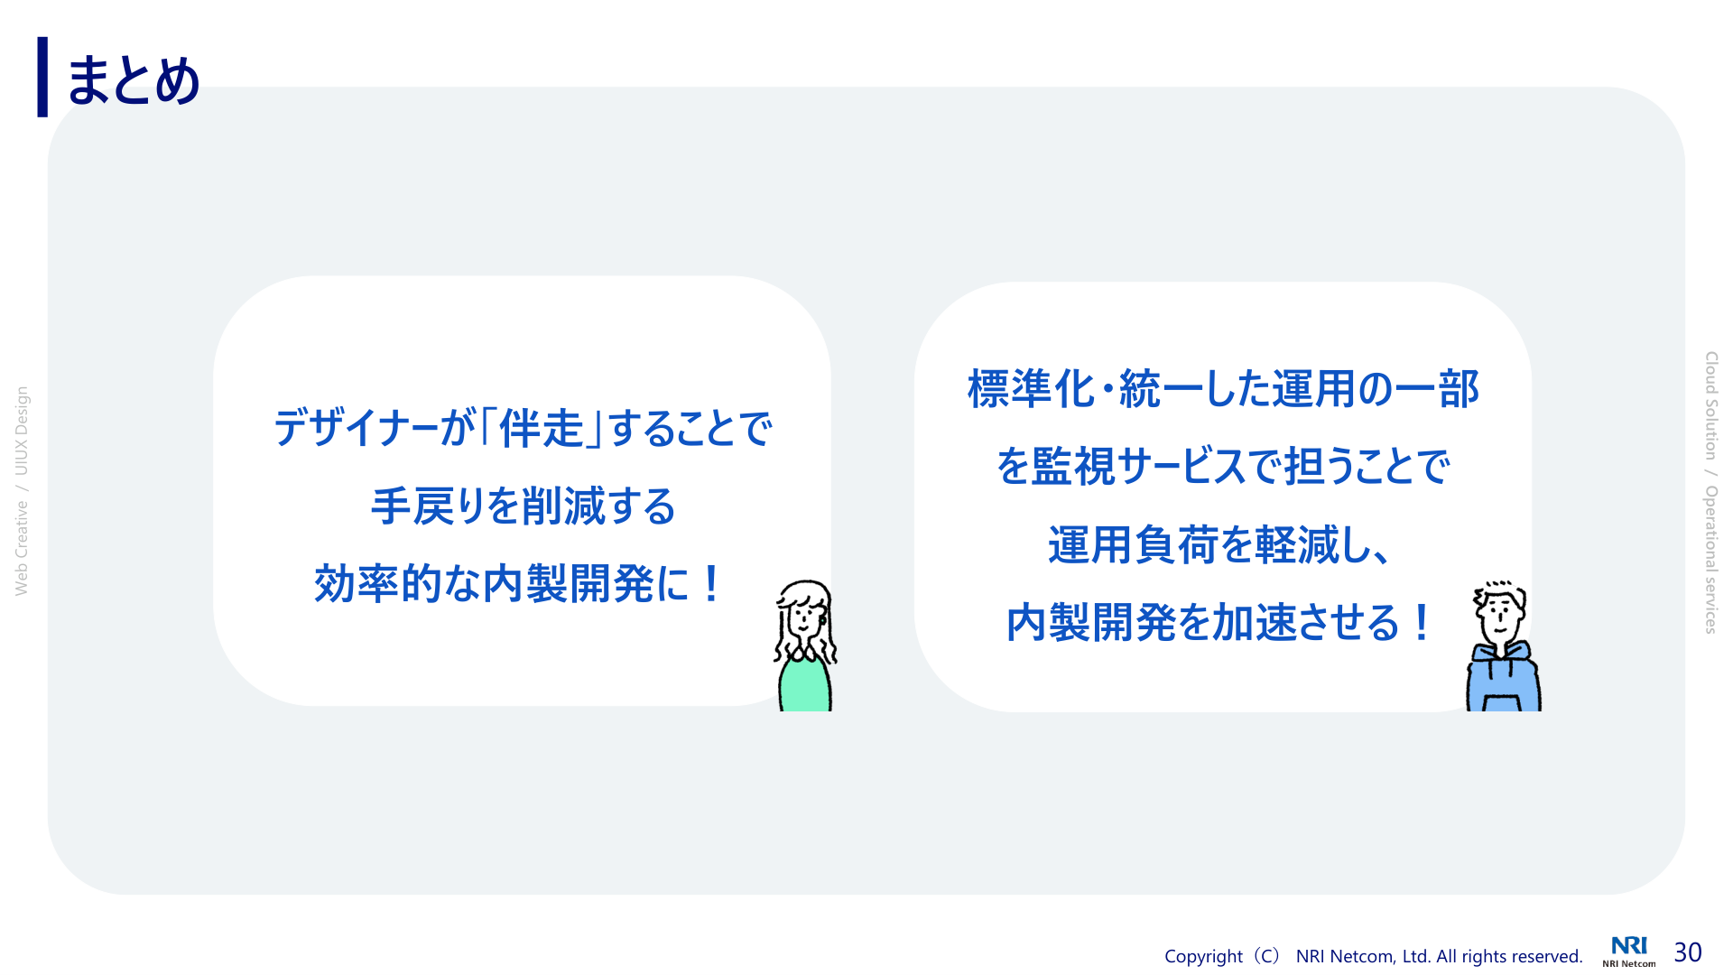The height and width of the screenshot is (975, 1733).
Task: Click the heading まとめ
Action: pos(133,79)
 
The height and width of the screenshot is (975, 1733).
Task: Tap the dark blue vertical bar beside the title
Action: pos(42,77)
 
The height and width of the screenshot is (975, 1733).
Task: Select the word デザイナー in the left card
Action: pos(357,428)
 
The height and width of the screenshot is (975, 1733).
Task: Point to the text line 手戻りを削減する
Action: pos(524,506)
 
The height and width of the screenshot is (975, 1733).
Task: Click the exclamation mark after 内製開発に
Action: pos(711,583)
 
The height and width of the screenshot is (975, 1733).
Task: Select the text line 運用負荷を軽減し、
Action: pos(1219,544)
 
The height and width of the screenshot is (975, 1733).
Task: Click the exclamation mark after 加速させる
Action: pos(1423,622)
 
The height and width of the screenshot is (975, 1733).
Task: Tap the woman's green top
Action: pos(804,684)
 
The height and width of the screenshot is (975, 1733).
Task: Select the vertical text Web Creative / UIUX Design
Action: pos(22,491)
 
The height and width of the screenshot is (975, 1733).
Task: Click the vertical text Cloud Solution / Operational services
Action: pos(1710,493)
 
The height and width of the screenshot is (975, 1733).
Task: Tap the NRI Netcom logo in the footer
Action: pos(1629,952)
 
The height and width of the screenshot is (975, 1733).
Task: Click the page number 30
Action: pos(1688,952)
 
